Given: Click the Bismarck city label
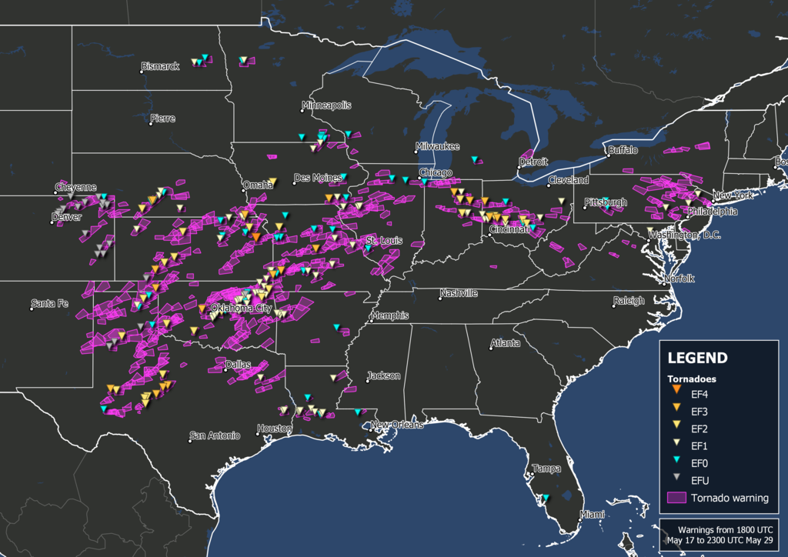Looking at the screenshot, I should point(162,67).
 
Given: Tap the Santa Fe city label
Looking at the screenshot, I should point(50,304).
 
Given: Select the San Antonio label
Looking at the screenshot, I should point(216,436).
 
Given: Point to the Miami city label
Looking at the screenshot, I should point(593,515).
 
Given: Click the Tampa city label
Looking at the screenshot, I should point(547,469).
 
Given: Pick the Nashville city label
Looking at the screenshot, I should point(459,294).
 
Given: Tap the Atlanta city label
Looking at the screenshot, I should point(506,343).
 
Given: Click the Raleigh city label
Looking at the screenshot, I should point(629,301).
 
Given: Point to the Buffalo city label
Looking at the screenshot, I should point(623,150).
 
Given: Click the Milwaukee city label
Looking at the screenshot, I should point(437,146).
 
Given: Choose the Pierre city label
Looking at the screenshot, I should point(163,118).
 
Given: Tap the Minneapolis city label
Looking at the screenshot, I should point(327,105).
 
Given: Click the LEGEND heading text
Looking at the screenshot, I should point(696,358).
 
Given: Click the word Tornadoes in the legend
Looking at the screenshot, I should point(692,379).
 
